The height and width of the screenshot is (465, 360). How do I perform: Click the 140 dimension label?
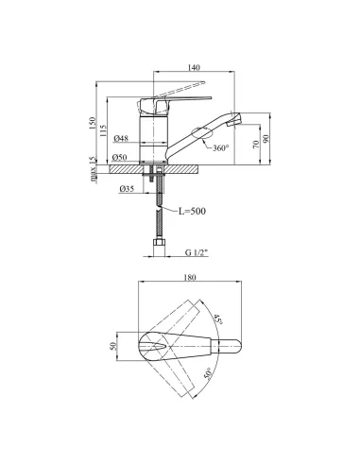coord(194,67)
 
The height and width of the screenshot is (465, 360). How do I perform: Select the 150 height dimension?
coord(93,123)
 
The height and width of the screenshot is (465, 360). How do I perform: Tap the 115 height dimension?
coord(103,130)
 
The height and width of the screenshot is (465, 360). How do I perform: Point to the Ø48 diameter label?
coord(121,138)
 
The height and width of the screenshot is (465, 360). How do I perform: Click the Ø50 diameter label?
coord(120,157)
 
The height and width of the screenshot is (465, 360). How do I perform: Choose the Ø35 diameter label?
coord(127,189)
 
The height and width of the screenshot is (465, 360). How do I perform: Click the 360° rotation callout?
coord(221,147)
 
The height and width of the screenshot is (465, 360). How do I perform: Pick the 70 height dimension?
coord(256,145)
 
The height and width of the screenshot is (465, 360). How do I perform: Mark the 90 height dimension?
coord(266,138)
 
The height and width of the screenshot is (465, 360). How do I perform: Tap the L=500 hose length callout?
coord(192,211)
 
